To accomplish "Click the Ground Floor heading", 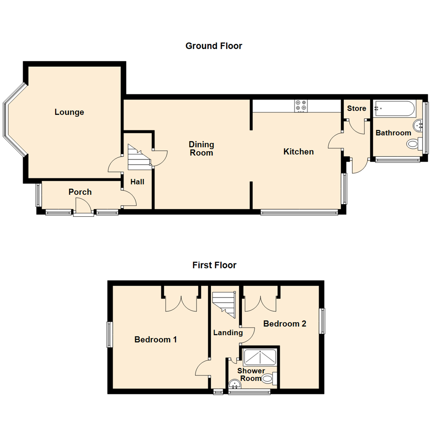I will tap(214, 46).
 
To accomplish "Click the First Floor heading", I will tap(214, 265).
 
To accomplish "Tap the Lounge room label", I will tap(69, 112).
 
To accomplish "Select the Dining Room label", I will tap(202, 148).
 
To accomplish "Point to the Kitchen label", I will tap(298, 152).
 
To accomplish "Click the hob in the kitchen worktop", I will tap(301, 106).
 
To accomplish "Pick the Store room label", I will tap(356, 108).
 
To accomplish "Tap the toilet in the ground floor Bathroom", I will tap(414, 144).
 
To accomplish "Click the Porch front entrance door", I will tap(83, 208).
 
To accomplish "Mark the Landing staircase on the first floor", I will tap(224, 304).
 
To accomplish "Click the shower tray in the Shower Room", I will tap(260, 357).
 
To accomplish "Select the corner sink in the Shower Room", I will tap(234, 385).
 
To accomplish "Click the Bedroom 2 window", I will tap(322, 321).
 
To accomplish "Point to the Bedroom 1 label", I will tap(156, 340).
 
